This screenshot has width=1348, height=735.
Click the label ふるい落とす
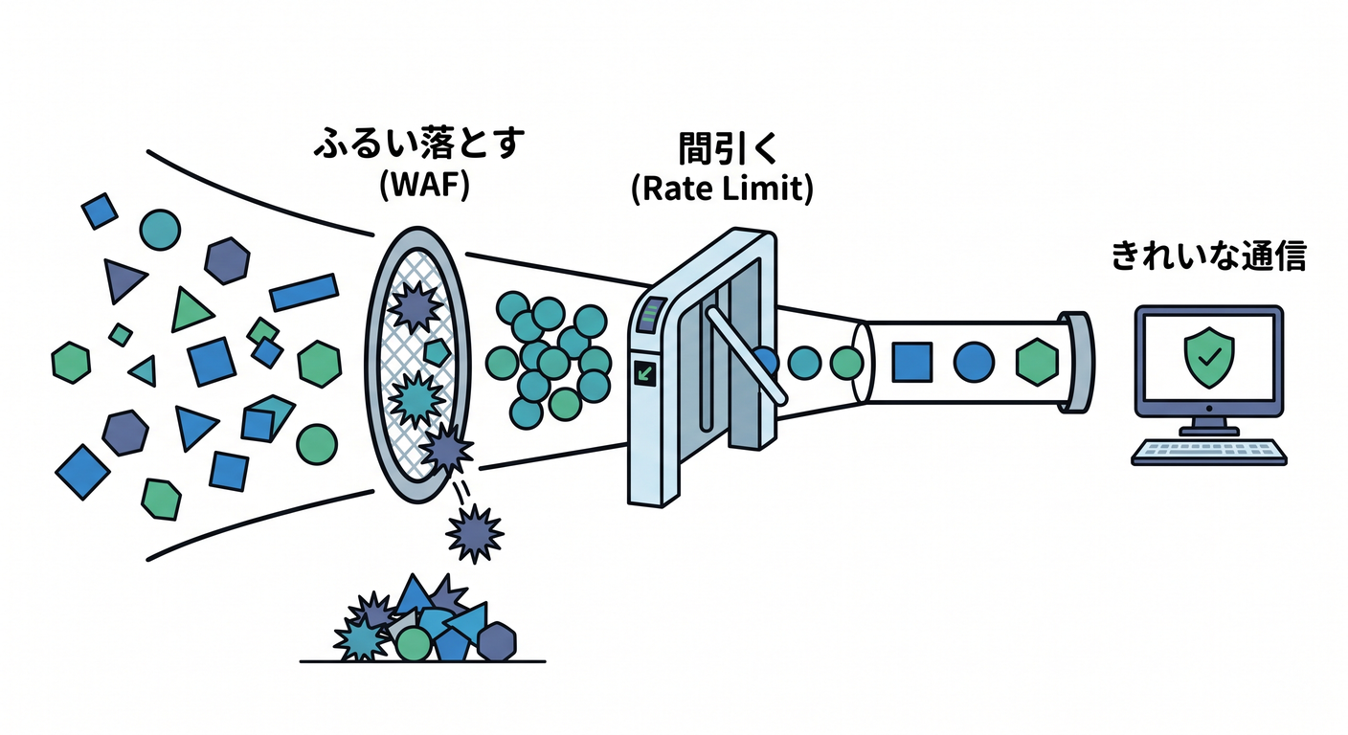point(419,144)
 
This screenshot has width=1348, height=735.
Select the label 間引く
point(729,149)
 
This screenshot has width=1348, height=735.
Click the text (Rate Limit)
point(722,189)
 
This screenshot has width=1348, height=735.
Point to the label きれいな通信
point(1208,256)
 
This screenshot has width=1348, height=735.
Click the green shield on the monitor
point(1209,357)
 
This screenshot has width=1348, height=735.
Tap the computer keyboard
point(1208,453)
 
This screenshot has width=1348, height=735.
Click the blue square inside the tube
point(911,362)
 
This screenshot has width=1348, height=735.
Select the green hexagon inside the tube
point(1037,362)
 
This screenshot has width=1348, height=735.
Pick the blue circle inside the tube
point(974,362)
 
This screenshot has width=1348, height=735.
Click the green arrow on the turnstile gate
point(645,374)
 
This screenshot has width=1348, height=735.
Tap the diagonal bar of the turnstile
point(746,356)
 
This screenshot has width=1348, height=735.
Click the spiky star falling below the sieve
point(474,533)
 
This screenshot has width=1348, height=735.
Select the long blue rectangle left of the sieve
point(303,292)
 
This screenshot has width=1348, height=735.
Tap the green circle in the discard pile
point(414,643)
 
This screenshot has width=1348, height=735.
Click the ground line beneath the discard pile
point(422,661)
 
